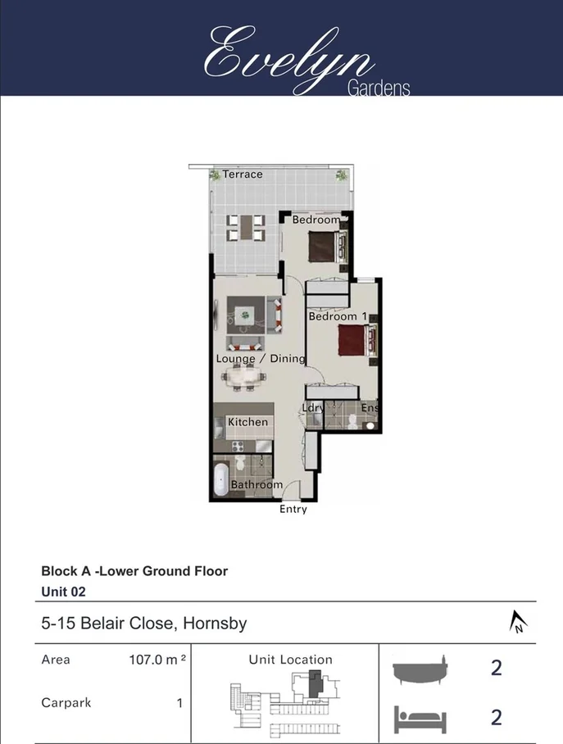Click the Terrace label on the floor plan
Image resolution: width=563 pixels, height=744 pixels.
pos(243,175)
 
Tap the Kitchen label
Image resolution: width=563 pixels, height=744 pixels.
pos(247,422)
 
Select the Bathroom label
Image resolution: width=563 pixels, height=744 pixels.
pos(257,484)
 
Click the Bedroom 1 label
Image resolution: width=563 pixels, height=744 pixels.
pos(333,316)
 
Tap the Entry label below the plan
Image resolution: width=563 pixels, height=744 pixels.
pos(293,510)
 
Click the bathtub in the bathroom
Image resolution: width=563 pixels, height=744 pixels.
pos(220,480)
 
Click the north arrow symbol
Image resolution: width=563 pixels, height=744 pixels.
pos(518,623)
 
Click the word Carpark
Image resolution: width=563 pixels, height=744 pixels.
pos(66,703)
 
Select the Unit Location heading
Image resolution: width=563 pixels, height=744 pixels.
pos(291,660)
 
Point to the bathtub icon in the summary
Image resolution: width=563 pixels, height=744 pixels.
pos(420,669)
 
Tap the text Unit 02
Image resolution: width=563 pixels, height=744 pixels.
pos(64,590)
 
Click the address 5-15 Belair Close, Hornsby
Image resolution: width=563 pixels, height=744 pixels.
pos(143,624)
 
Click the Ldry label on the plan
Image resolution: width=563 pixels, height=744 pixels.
pos(313,407)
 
